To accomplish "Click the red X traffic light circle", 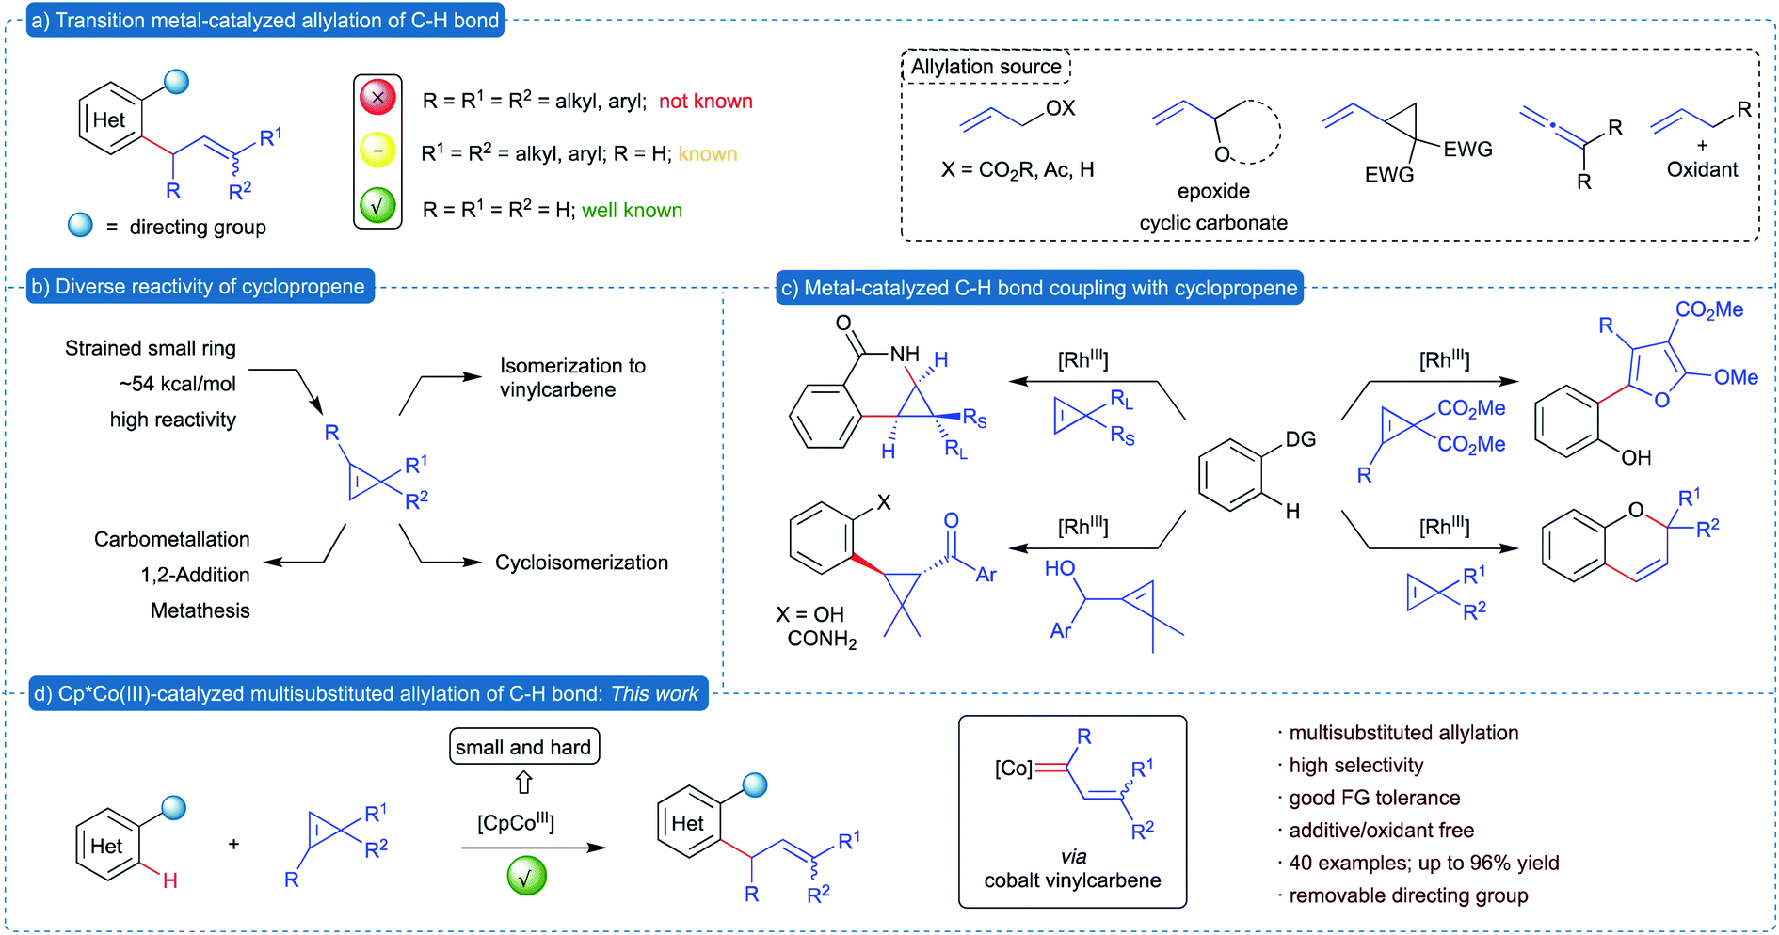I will pyautogui.click(x=377, y=97).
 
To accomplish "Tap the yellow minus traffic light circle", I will pyautogui.click(x=377, y=151).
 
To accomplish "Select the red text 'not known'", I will pyautogui.click(x=705, y=102).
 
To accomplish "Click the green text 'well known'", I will pyautogui.click(x=632, y=211).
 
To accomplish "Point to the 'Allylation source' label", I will pyautogui.click(x=986, y=67).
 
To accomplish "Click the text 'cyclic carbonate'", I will pyautogui.click(x=1212, y=223).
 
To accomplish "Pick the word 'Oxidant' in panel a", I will pyautogui.click(x=1702, y=169).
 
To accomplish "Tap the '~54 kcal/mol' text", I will pyautogui.click(x=178, y=384).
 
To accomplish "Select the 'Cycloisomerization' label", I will pyautogui.click(x=582, y=563).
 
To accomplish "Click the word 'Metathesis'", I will pyautogui.click(x=200, y=611).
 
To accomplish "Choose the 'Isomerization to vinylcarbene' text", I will pyautogui.click(x=571, y=378).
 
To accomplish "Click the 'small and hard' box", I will pyautogui.click(x=523, y=747).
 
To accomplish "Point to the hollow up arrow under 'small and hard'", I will pyautogui.click(x=524, y=783).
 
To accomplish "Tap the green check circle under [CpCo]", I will pyautogui.click(x=526, y=877).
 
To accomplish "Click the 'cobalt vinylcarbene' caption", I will pyautogui.click(x=1072, y=880).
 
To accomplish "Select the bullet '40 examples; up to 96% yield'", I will pyautogui.click(x=1423, y=864).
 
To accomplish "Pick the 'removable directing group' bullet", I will pyautogui.click(x=1408, y=895).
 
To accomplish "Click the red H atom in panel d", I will pyautogui.click(x=170, y=881).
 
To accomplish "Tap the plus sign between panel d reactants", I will pyautogui.click(x=233, y=845).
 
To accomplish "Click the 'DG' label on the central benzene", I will pyautogui.click(x=1300, y=439).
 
